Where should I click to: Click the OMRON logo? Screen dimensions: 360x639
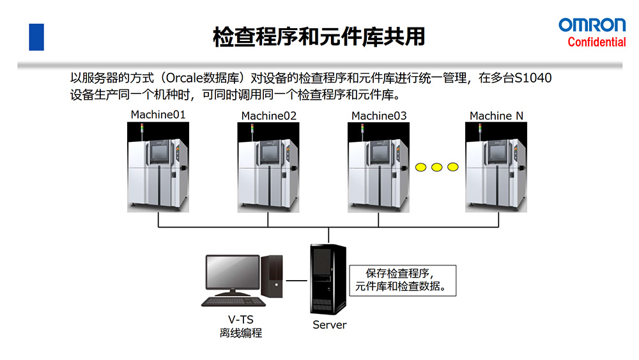(592, 25)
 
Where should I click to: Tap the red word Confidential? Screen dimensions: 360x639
(597, 42)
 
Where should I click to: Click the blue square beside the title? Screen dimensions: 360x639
(36, 37)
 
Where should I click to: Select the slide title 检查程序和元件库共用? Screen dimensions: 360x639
(319, 36)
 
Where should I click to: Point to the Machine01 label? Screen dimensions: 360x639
(158, 114)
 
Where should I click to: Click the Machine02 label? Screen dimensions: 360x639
(268, 116)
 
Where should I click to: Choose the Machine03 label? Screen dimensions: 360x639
(379, 116)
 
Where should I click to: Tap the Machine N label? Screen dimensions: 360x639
(496, 116)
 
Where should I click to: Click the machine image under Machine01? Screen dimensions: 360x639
(158, 167)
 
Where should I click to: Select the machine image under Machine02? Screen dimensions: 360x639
(268, 167)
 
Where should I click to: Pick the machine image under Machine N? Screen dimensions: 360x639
(496, 167)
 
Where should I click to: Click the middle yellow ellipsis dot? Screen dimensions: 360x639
(437, 168)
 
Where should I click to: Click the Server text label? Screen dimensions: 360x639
(329, 325)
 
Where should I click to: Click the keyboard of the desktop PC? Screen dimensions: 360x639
(232, 301)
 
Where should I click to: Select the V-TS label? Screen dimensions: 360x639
(240, 320)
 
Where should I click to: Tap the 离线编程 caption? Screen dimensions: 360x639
(240, 333)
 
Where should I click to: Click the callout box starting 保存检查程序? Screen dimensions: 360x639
(403, 279)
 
